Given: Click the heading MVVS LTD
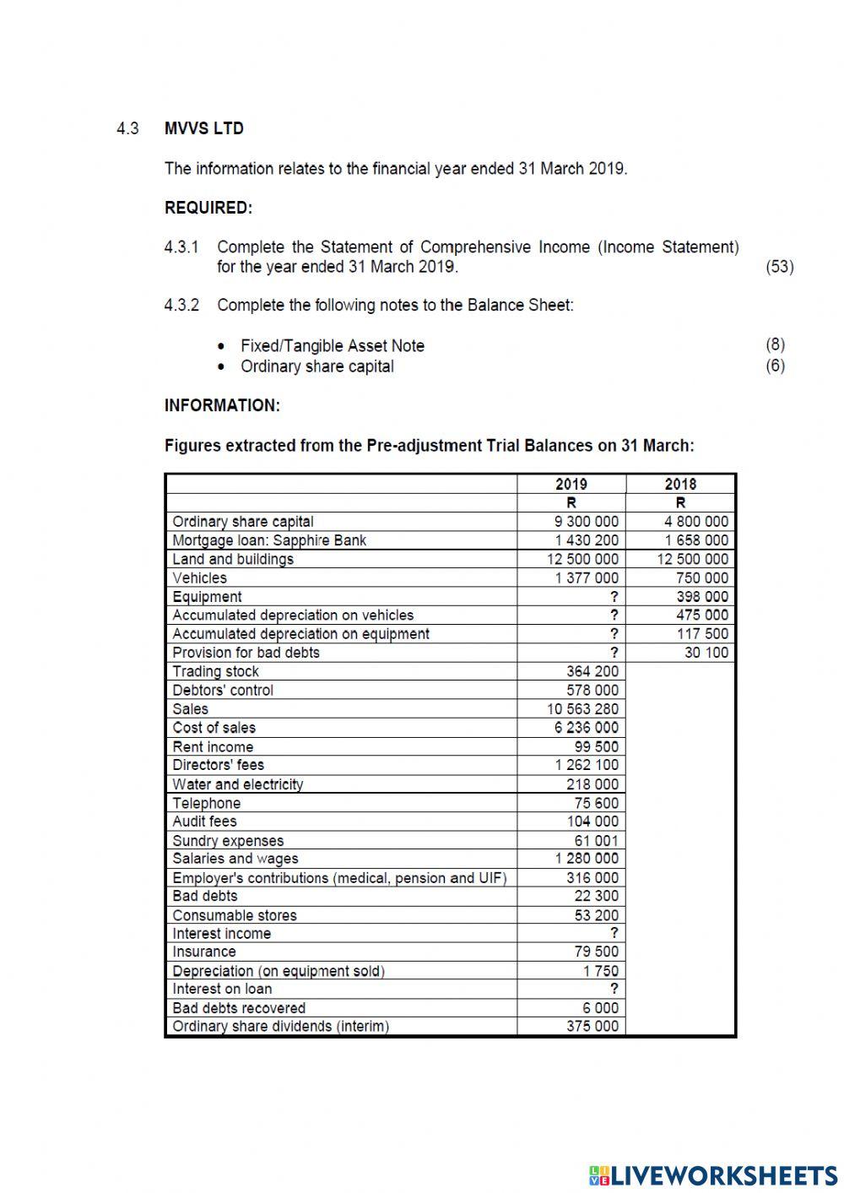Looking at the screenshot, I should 203,128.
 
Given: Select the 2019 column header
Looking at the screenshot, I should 571,484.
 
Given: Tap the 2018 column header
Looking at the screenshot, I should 680,484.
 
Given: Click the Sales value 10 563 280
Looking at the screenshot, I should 582,709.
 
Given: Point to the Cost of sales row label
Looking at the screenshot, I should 214,728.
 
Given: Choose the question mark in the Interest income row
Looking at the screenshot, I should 614,934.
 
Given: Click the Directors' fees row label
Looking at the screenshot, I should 218,765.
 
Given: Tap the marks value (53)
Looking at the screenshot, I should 779,267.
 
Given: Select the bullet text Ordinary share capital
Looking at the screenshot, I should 316,366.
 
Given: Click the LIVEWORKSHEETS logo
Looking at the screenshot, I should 713,1174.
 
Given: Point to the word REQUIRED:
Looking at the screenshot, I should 208,208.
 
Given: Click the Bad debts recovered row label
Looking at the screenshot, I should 239,1008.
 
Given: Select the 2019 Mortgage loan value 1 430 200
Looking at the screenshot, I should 586,540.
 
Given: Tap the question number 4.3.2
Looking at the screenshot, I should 181,306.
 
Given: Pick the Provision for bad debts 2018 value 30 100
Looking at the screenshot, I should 706,653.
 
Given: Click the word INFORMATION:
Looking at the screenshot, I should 222,405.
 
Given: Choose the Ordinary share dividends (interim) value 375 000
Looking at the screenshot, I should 592,1027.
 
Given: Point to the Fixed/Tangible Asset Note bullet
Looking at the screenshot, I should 332,345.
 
